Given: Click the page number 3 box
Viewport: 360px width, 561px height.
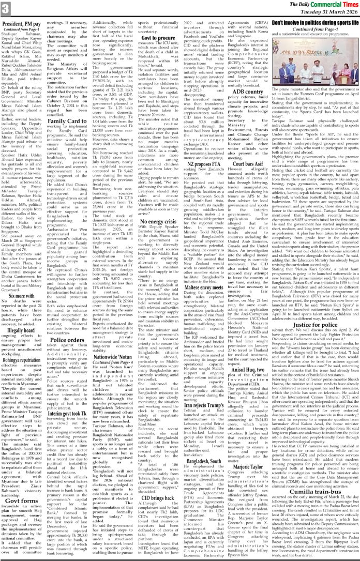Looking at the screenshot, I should [6, 8].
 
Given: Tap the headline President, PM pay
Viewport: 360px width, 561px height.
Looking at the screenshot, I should [27, 23].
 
